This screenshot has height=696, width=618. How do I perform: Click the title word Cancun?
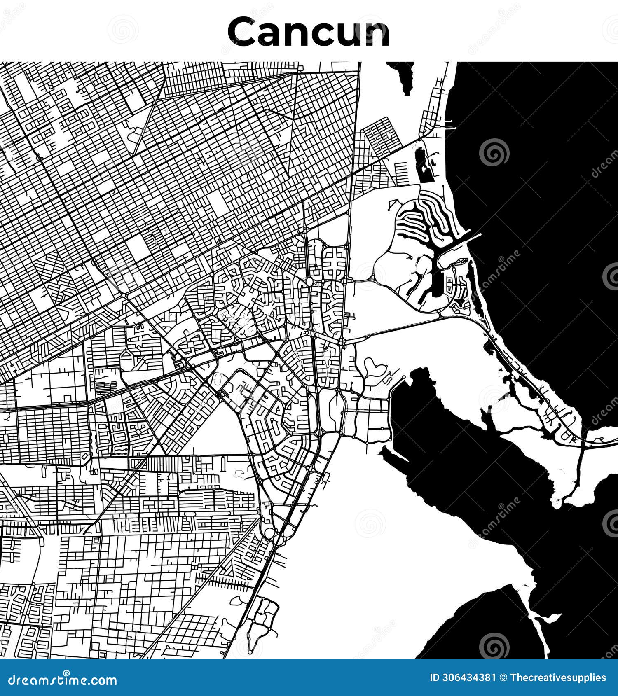click(x=308, y=32)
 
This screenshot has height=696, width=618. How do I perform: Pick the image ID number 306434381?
click(x=468, y=678)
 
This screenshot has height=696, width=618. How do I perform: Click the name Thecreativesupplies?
click(x=558, y=678)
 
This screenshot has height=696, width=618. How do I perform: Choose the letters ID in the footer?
click(x=434, y=678)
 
